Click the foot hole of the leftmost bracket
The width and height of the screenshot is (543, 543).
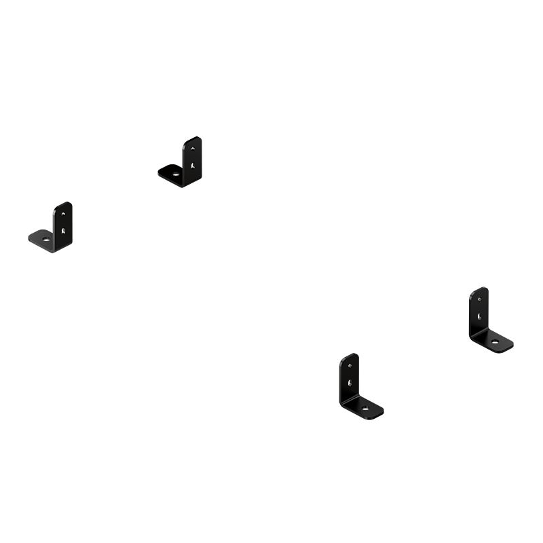pos(45,238)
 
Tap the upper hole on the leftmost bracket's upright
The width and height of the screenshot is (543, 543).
pos(64,212)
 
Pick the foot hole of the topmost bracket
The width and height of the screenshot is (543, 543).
pos(176,173)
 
